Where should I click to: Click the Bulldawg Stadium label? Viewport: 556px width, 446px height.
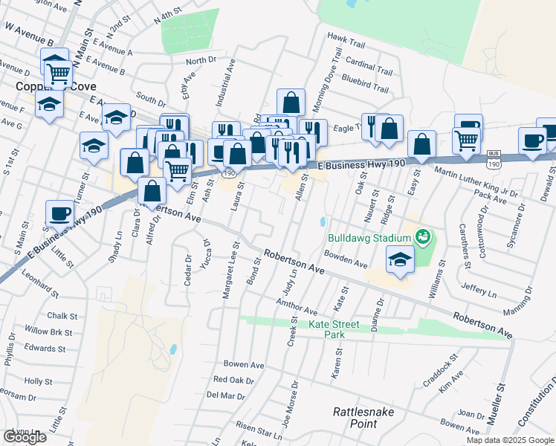(x=369, y=238)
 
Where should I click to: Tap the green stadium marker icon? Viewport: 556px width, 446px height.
(x=423, y=238)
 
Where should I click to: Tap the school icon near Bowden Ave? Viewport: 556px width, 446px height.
(x=400, y=261)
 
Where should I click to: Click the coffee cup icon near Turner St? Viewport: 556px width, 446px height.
(x=59, y=213)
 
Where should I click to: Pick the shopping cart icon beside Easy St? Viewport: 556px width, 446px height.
(x=466, y=139)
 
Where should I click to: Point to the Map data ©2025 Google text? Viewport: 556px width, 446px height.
(x=510, y=440)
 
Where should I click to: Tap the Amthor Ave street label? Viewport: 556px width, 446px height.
(x=297, y=306)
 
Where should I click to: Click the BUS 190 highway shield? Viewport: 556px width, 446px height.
(x=494, y=157)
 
